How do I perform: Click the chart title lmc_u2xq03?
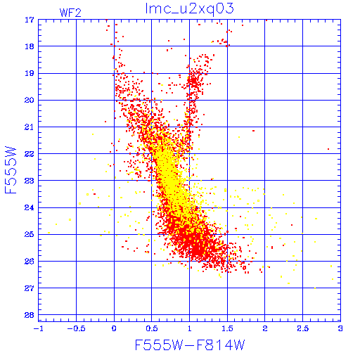tap(190, 9)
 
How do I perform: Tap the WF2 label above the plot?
tap(70, 13)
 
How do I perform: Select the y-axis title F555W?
tap(11, 170)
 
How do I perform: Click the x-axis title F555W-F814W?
tap(190, 345)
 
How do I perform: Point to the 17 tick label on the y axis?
tap(30, 20)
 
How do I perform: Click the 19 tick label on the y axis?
tap(30, 73)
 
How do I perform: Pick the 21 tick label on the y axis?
tap(30, 127)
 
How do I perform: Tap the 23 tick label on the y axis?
tap(30, 181)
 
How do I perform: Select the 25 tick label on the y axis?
tap(30, 234)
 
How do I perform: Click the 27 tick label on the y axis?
tap(30, 288)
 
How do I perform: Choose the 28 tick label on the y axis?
tap(30, 315)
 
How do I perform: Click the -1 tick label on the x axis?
tap(39, 328)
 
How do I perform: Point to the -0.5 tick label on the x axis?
tap(77, 328)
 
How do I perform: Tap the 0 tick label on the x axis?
tap(114, 328)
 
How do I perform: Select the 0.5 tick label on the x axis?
tap(152, 328)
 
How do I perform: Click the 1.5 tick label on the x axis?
tap(227, 328)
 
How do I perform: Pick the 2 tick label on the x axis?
tap(265, 328)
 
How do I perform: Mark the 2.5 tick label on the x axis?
tap(302, 328)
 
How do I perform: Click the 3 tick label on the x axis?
tap(340, 328)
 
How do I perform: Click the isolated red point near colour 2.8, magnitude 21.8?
tap(328, 149)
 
